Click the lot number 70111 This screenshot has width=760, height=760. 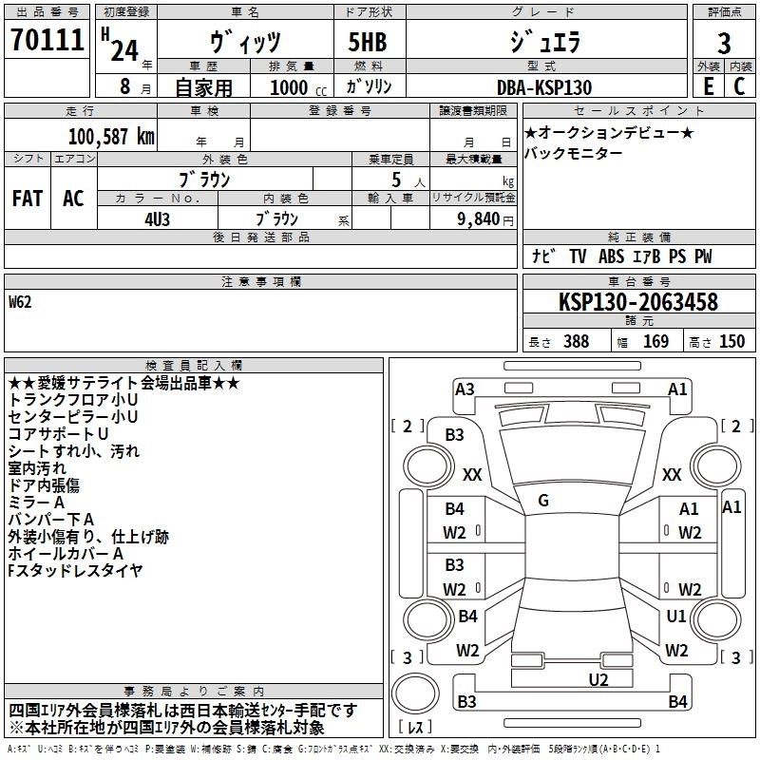(47, 41)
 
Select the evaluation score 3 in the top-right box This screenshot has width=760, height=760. (724, 44)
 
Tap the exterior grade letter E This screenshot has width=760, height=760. (708, 86)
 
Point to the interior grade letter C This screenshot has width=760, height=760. (739, 86)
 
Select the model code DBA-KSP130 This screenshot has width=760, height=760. (544, 87)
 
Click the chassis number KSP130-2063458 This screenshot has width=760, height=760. (637, 303)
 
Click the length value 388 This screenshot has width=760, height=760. (576, 342)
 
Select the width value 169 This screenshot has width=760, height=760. (655, 342)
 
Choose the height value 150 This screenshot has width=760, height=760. (731, 342)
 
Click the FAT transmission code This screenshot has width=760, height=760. (28, 199)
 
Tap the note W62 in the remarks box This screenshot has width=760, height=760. (20, 303)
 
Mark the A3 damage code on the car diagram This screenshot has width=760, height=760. (465, 389)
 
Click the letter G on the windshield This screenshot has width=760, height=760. (543, 500)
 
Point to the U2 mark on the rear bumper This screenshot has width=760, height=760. (598, 678)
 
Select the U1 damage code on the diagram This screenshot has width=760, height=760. (676, 617)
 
